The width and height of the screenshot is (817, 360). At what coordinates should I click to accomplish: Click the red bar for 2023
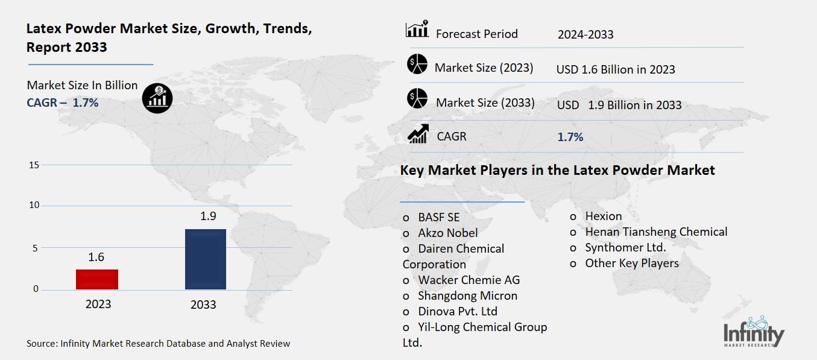(x=96, y=279)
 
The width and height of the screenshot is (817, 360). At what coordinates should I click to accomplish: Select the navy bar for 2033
(x=205, y=259)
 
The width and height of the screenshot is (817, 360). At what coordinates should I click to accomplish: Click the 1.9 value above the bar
(x=207, y=216)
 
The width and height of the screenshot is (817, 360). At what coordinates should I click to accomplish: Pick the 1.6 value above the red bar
(x=96, y=257)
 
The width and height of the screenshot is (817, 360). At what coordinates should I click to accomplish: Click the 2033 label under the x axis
(x=203, y=305)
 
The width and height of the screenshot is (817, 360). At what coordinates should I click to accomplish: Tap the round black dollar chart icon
(x=157, y=98)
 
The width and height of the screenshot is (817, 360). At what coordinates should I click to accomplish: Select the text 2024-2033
(x=585, y=34)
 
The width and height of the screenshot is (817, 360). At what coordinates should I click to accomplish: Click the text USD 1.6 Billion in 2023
(x=615, y=69)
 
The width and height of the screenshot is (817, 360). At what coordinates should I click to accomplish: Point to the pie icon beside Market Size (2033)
(x=417, y=98)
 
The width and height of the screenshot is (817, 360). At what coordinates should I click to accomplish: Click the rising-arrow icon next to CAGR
(x=418, y=134)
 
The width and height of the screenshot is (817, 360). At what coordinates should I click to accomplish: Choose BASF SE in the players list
(x=438, y=217)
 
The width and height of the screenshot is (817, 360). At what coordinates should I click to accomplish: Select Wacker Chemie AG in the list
(x=468, y=280)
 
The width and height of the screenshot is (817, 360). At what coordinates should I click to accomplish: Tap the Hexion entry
(x=603, y=216)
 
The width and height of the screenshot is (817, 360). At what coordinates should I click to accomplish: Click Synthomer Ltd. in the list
(x=625, y=247)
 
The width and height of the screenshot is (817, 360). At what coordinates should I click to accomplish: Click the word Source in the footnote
(x=41, y=344)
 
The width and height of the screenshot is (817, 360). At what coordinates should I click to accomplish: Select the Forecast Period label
(x=476, y=34)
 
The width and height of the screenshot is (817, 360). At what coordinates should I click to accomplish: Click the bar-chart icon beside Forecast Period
(x=417, y=29)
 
